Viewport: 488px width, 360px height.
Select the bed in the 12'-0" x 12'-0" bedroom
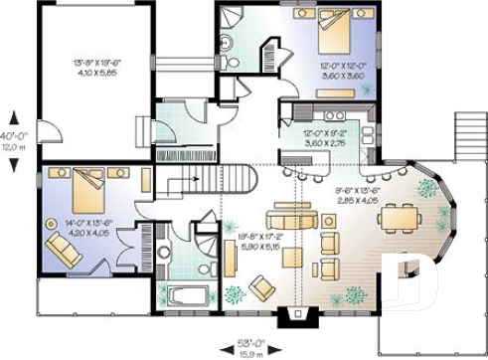pyautogui.click(x=332, y=39)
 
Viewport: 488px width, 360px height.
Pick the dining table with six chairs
pyautogui.click(x=403, y=216)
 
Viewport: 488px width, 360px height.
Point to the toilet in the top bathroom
pyautogui.click(x=225, y=42)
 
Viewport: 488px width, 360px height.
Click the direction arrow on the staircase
pyautogui.click(x=196, y=180)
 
